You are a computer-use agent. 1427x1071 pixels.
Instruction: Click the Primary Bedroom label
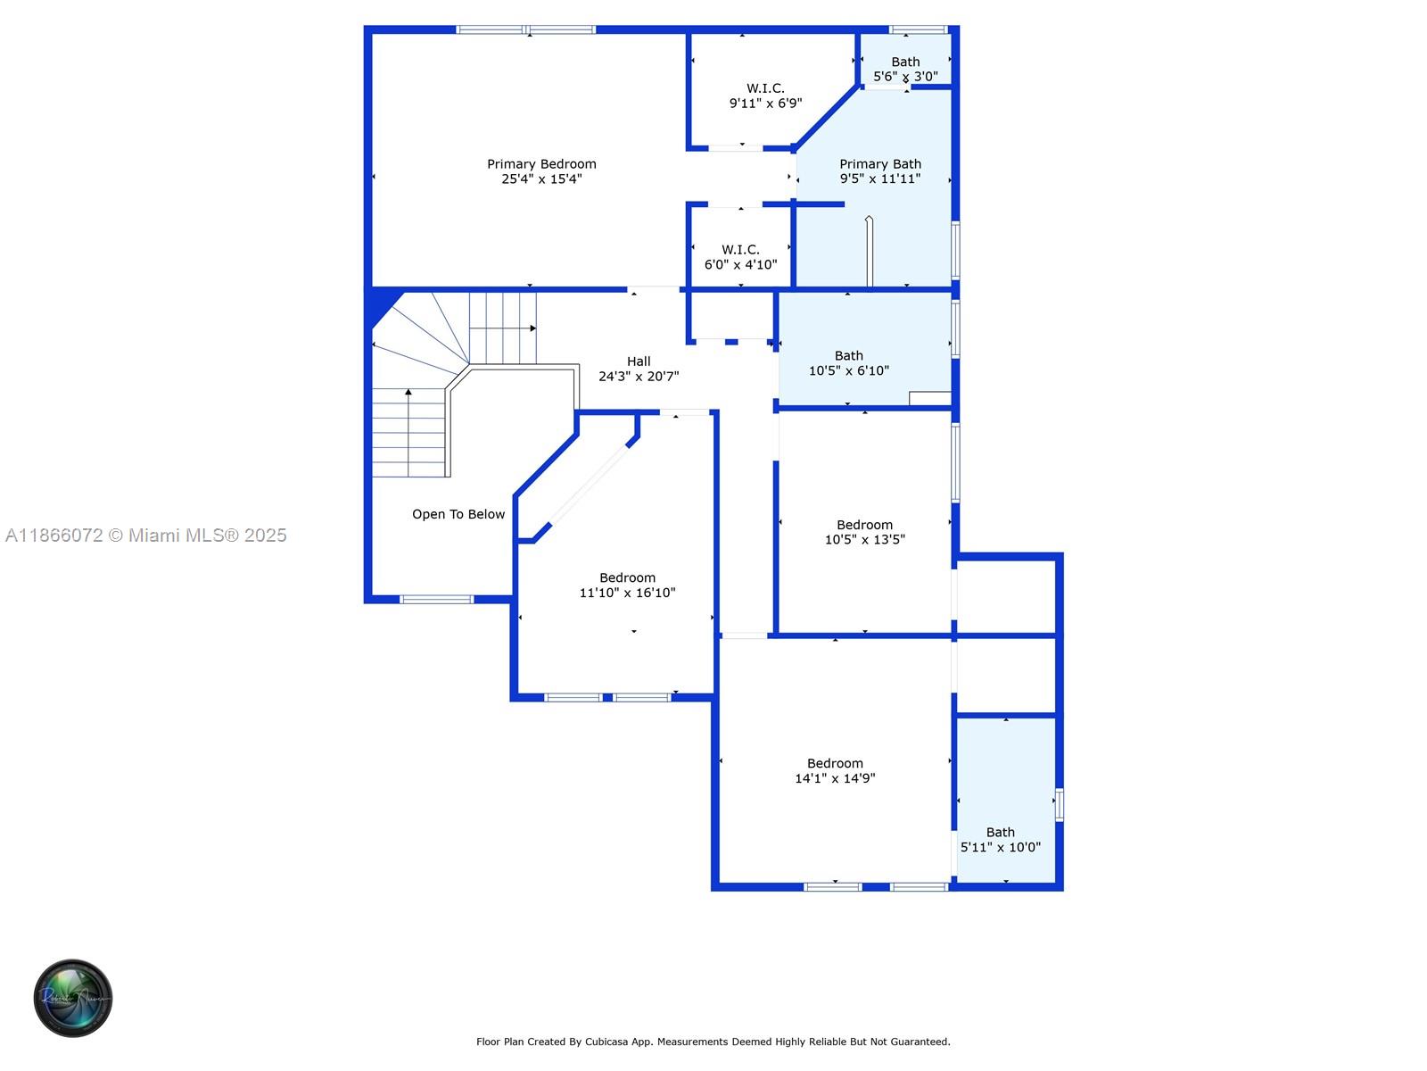(x=541, y=164)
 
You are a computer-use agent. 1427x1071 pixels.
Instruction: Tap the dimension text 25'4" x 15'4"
(x=541, y=179)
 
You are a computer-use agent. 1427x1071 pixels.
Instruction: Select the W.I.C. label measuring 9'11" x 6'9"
(x=765, y=88)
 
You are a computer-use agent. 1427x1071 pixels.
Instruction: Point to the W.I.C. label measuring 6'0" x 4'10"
(x=740, y=250)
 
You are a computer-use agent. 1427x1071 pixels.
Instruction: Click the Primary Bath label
(x=880, y=164)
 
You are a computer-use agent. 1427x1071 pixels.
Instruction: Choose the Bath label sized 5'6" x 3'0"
(x=905, y=62)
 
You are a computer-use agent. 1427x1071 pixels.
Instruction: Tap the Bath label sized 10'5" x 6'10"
(x=849, y=356)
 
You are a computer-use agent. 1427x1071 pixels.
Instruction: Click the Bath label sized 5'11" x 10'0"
(x=1000, y=833)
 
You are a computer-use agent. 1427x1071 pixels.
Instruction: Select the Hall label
(x=639, y=361)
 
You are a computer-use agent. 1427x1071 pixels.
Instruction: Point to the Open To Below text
(x=458, y=514)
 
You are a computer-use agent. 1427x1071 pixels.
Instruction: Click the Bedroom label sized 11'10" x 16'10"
(x=627, y=578)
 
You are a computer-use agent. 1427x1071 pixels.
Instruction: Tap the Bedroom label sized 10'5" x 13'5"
(x=864, y=526)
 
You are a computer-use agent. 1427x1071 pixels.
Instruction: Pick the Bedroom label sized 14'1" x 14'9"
(x=835, y=764)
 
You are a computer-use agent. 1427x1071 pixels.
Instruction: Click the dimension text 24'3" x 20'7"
(x=639, y=377)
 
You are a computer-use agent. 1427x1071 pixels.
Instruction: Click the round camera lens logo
(x=73, y=998)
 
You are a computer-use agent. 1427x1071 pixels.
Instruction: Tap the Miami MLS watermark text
(x=146, y=535)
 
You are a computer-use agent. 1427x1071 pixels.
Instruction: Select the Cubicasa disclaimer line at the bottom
(x=713, y=1042)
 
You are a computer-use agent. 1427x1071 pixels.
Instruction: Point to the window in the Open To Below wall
(x=436, y=599)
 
